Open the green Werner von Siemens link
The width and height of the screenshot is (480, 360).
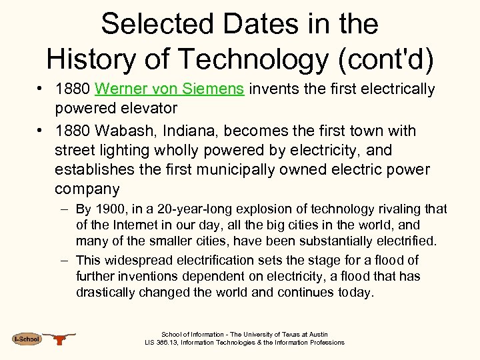tap(170, 89)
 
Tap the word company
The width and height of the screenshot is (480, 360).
tap(87, 189)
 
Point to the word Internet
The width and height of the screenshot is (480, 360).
tap(139, 226)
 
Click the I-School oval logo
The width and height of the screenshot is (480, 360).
tap(27, 339)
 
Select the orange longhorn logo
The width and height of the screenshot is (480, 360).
tap(60, 339)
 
